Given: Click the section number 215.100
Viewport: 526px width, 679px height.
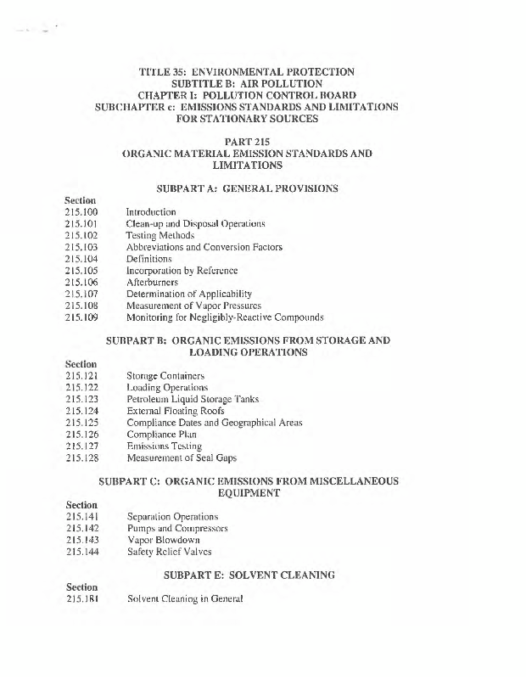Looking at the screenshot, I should pos(81,211).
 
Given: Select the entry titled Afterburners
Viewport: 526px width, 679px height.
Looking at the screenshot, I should pos(153,283).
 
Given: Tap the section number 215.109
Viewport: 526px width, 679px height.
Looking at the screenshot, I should pos(81,318).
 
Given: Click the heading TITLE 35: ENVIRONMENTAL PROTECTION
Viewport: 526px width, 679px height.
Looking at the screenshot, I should pos(246,72).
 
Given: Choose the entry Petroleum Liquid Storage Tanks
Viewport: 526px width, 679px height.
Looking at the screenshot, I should pos(193,399).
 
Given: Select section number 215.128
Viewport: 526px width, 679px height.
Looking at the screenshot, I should pos(81,458).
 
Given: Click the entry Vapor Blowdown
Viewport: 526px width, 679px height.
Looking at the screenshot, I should pos(163,540).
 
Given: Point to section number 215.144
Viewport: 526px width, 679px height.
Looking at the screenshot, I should pos(81,552).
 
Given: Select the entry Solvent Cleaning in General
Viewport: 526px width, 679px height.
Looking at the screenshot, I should pos(185,598).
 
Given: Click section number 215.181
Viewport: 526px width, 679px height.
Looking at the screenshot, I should pos(81,598).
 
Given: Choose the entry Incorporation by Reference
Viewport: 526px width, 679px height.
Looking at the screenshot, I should pos(182,271).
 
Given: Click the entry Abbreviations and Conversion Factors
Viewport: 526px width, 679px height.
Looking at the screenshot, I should pos(204,247).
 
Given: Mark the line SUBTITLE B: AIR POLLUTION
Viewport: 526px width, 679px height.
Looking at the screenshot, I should pos(246,84).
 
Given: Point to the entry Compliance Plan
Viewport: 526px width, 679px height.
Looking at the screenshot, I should pos(161,435).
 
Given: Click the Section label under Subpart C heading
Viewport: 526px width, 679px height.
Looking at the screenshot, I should pos(81,505).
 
